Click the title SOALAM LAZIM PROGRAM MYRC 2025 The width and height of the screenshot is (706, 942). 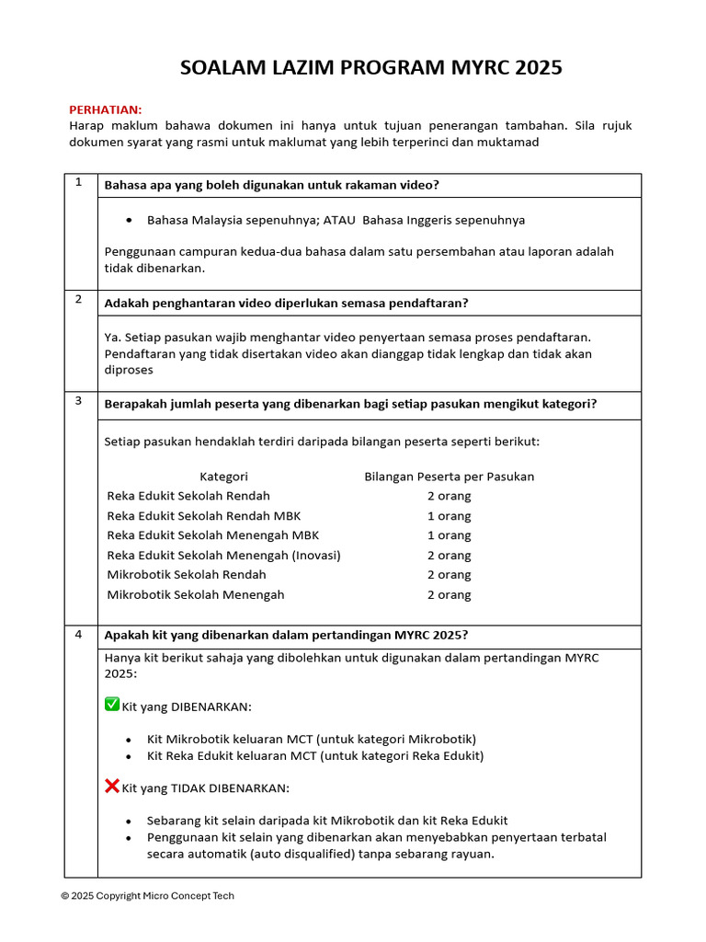click(x=370, y=68)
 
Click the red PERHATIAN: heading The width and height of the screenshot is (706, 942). click(x=106, y=109)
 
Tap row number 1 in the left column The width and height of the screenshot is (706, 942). click(x=79, y=182)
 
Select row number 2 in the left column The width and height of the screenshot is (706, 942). click(x=79, y=300)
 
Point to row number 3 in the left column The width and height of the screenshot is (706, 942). click(x=79, y=401)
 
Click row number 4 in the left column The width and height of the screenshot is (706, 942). click(x=79, y=635)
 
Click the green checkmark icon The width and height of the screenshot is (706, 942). click(x=112, y=705)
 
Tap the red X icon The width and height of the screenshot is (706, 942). click(x=112, y=787)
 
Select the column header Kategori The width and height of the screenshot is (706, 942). click(x=223, y=477)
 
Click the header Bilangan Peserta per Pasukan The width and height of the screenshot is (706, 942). click(x=449, y=477)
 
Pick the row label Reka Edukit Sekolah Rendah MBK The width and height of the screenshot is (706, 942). click(x=203, y=516)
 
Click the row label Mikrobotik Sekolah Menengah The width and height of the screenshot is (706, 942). click(x=196, y=595)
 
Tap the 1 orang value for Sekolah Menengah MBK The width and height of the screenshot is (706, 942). click(x=449, y=535)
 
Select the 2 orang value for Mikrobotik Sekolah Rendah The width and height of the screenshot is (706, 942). click(x=449, y=575)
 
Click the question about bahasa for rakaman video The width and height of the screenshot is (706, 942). click(x=271, y=185)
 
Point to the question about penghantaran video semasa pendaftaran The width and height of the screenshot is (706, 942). click(x=286, y=304)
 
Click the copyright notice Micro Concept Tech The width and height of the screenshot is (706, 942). click(x=148, y=896)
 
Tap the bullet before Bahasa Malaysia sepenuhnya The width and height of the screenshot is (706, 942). click(x=128, y=221)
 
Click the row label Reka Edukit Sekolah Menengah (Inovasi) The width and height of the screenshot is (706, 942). click(x=223, y=556)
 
